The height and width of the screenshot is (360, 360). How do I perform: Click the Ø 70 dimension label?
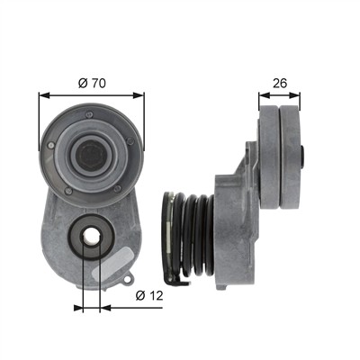(x=92, y=83)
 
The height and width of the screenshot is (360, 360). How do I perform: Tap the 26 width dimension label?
(x=280, y=83)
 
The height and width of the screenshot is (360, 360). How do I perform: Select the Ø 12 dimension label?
(x=149, y=295)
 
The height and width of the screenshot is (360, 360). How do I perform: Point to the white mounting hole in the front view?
(x=91, y=237)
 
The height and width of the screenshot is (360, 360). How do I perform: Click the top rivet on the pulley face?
(x=89, y=114)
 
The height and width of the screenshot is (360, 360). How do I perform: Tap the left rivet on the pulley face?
(x=51, y=146)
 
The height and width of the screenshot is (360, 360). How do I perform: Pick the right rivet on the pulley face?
(x=130, y=141)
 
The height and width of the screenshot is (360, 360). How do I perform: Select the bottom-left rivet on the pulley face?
(x=68, y=191)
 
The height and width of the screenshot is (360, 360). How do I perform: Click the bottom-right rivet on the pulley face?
(x=118, y=188)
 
